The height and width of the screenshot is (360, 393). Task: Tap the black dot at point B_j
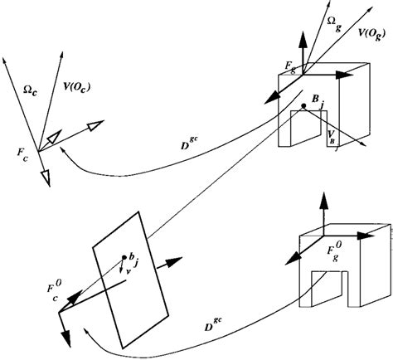tap(304, 106)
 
